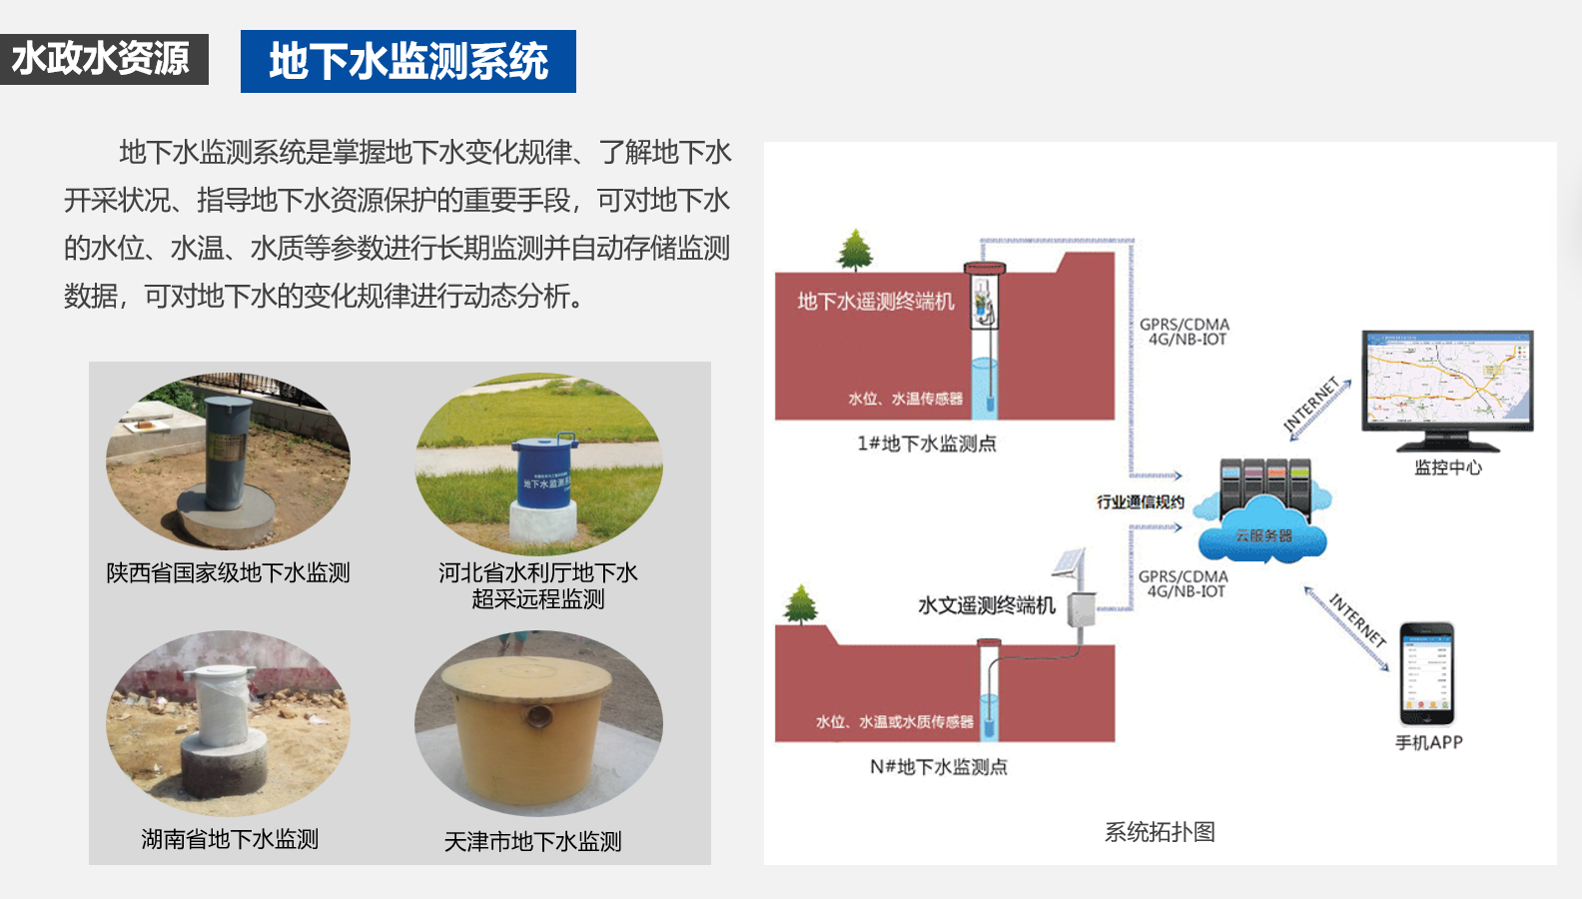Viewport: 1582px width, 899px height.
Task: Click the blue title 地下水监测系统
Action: pyautogui.click(x=407, y=62)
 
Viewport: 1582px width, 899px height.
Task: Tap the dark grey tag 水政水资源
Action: pyautogui.click(x=101, y=59)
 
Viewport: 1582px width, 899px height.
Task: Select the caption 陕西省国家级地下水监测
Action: pyautogui.click(x=228, y=573)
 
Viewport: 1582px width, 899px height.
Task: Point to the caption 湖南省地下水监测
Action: pyautogui.click(x=230, y=839)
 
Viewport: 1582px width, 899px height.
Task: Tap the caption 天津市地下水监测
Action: pyautogui.click(x=532, y=842)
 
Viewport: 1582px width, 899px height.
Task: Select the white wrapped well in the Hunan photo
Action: pyautogui.click(x=222, y=707)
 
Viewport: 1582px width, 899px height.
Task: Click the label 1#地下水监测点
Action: pyautogui.click(x=926, y=444)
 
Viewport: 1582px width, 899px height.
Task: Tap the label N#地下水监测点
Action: pyautogui.click(x=938, y=767)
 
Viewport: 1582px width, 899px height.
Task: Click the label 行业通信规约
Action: pyautogui.click(x=1141, y=502)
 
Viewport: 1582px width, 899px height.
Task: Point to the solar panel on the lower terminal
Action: pyautogui.click(x=1069, y=563)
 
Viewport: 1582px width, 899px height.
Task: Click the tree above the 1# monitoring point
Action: pyautogui.click(x=855, y=250)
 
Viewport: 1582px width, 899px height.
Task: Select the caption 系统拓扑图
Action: pyautogui.click(x=1160, y=832)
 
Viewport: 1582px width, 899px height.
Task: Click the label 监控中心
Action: pyautogui.click(x=1447, y=467)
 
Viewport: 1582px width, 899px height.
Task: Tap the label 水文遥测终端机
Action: pyautogui.click(x=986, y=605)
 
